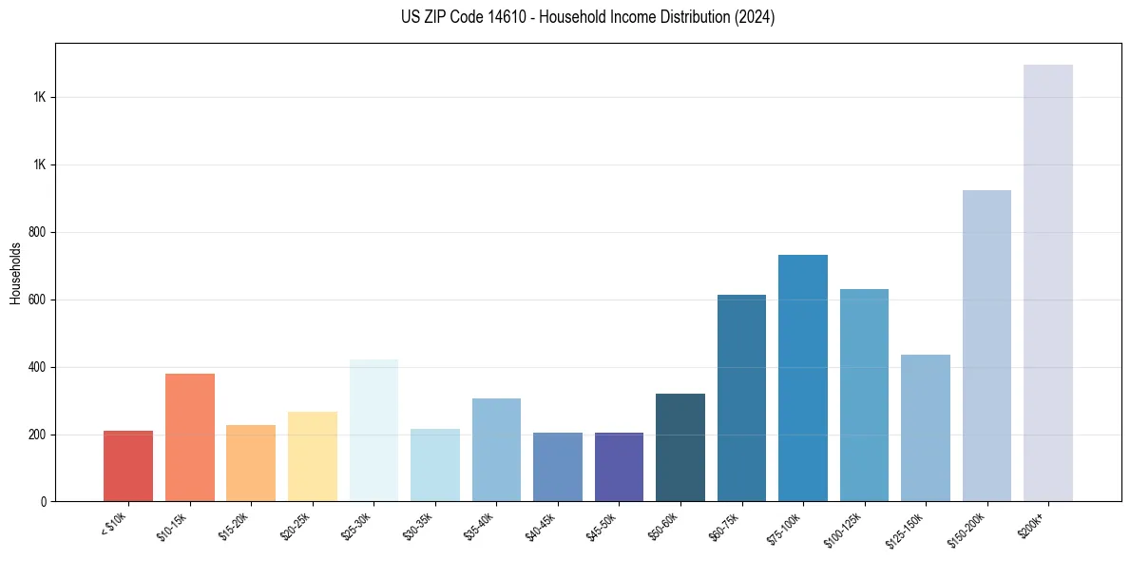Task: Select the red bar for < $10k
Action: pos(128,466)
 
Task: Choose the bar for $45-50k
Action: pos(619,467)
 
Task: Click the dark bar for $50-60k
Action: pos(680,447)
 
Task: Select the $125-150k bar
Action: pos(926,428)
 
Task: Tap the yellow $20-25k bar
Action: pos(313,456)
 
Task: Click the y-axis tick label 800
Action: pos(39,232)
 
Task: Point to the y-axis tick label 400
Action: pos(39,367)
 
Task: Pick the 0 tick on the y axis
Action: pos(44,502)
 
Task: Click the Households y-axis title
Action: pos(15,273)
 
